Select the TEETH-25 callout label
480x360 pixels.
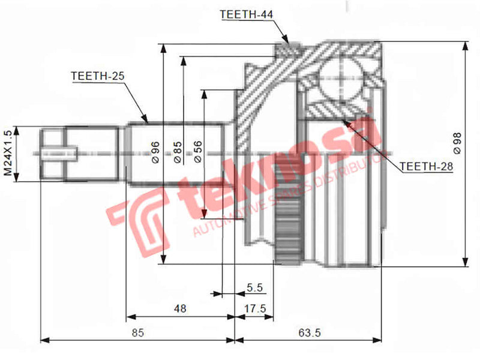click(97, 76)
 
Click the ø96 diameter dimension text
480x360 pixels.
click(155, 153)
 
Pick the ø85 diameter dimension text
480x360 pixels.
click(178, 153)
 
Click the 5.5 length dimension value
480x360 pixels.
click(255, 288)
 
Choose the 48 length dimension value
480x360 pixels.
click(180, 308)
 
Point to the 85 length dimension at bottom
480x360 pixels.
click(137, 330)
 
